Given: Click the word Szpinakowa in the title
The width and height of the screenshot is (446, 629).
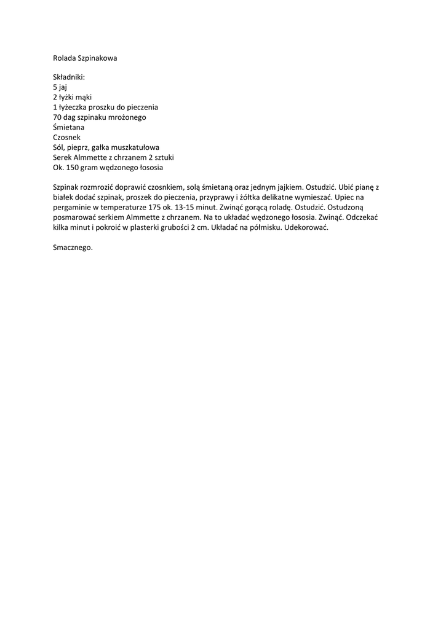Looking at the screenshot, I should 97,58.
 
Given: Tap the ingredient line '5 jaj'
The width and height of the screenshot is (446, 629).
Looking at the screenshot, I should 60,88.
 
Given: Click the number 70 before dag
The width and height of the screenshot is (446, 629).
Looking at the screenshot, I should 58,117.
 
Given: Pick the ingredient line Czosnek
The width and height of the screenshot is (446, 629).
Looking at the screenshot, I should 66,137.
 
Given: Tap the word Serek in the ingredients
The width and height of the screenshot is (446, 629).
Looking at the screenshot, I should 63,157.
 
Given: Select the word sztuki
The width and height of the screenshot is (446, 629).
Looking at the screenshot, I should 164,157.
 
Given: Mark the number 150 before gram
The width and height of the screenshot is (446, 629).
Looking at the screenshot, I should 73,167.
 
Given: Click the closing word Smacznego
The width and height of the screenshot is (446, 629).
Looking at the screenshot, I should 73,247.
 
